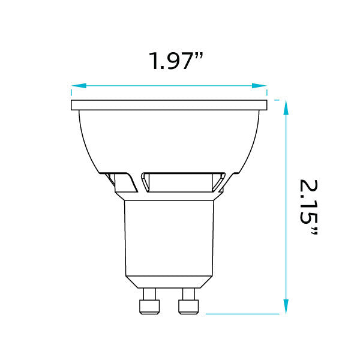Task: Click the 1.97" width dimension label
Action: [x=176, y=61]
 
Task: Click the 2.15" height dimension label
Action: [x=308, y=208]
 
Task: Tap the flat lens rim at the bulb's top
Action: [x=169, y=106]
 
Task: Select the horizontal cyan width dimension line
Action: [x=169, y=86]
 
